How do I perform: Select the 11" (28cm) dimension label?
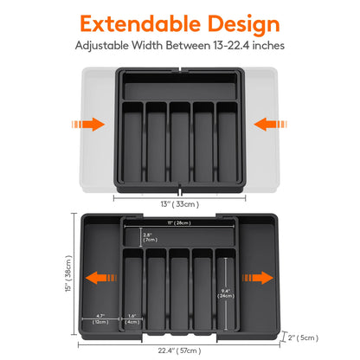[180, 222]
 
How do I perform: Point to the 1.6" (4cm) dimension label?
[132, 318]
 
